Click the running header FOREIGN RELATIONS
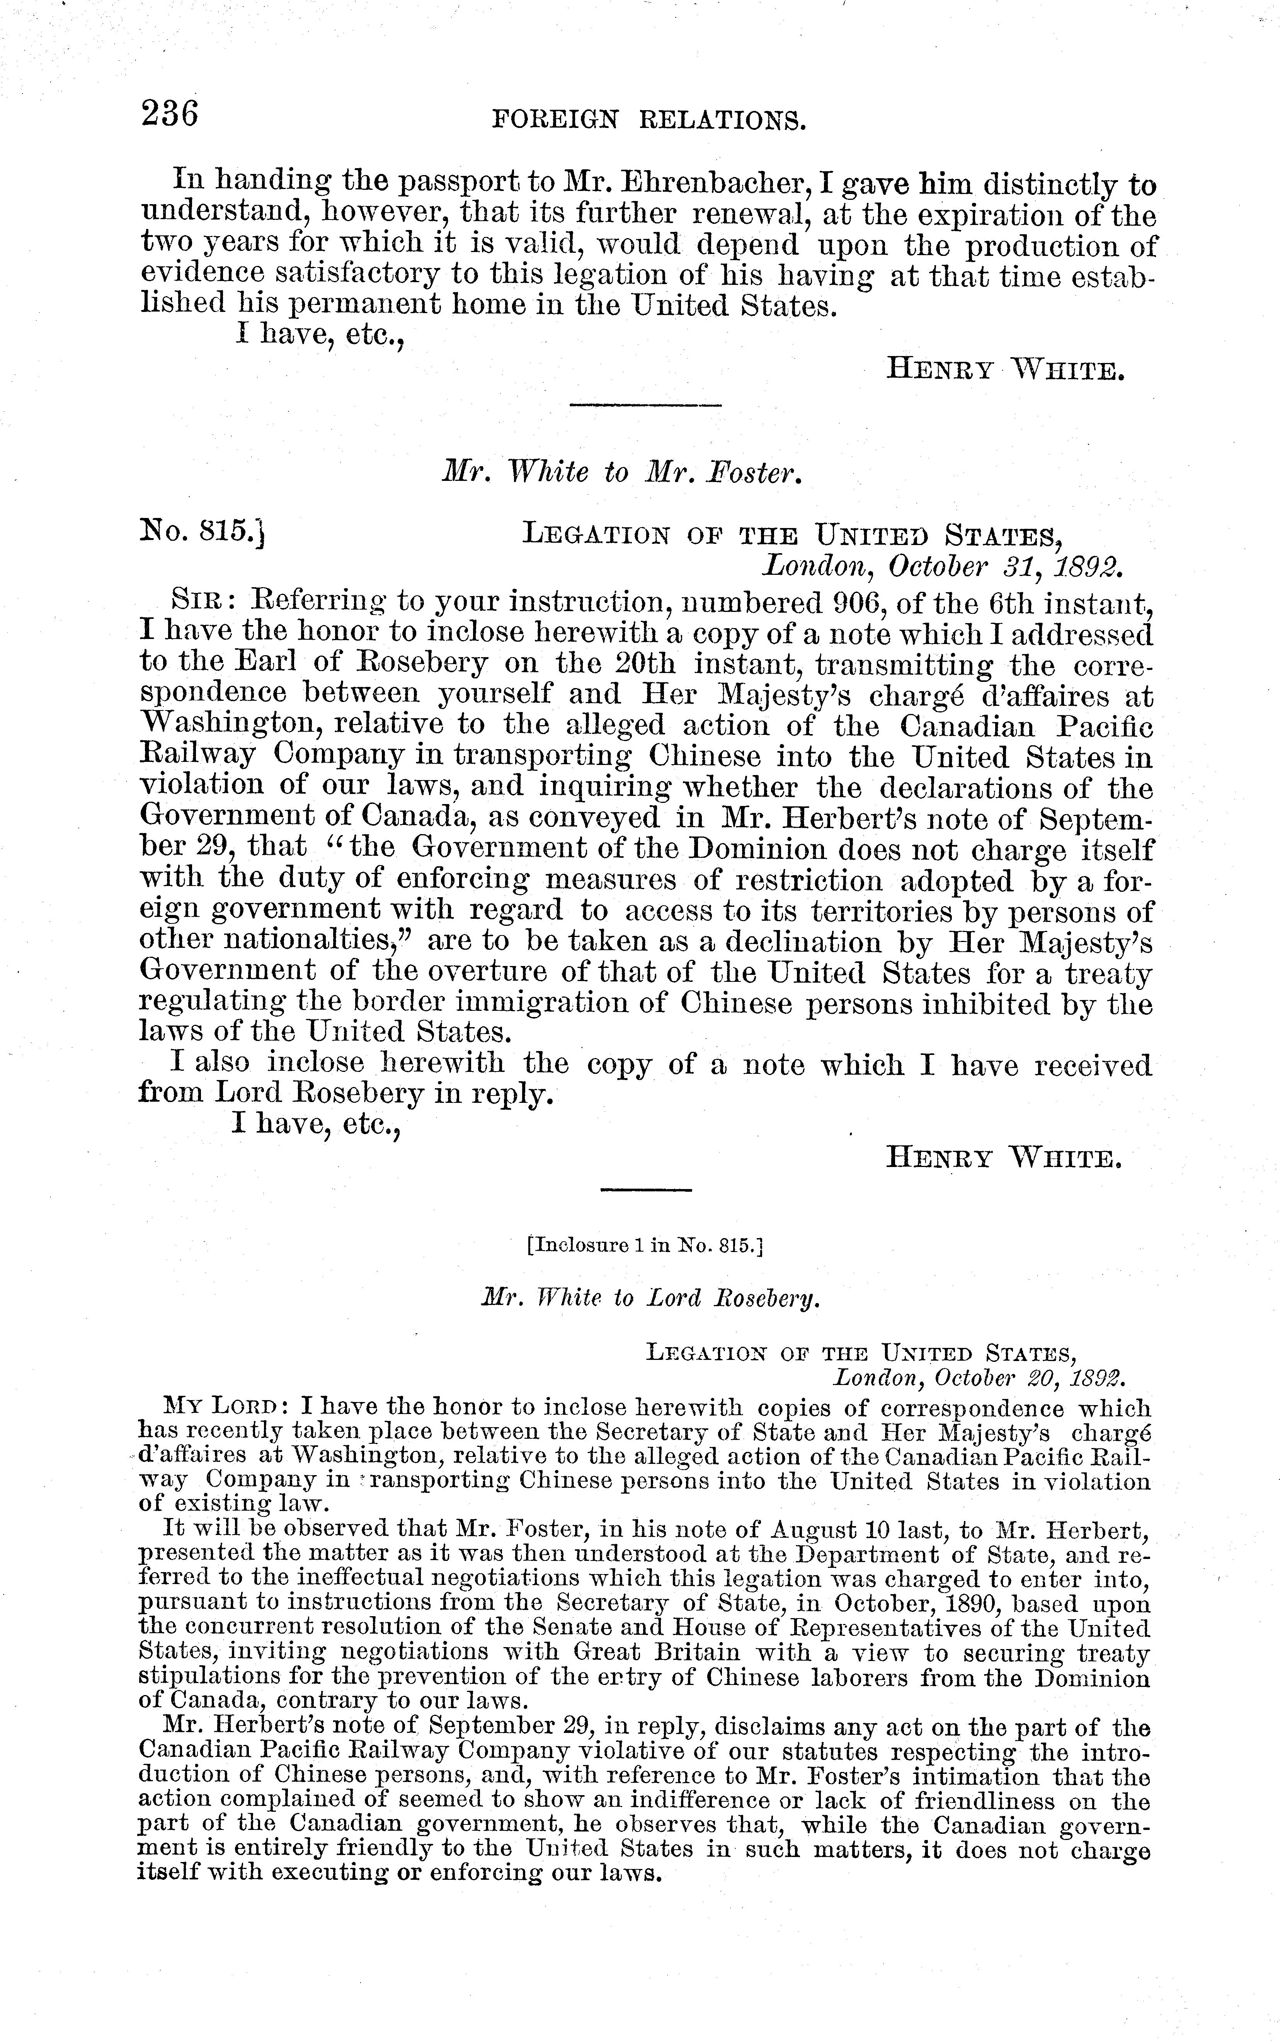click(649, 121)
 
